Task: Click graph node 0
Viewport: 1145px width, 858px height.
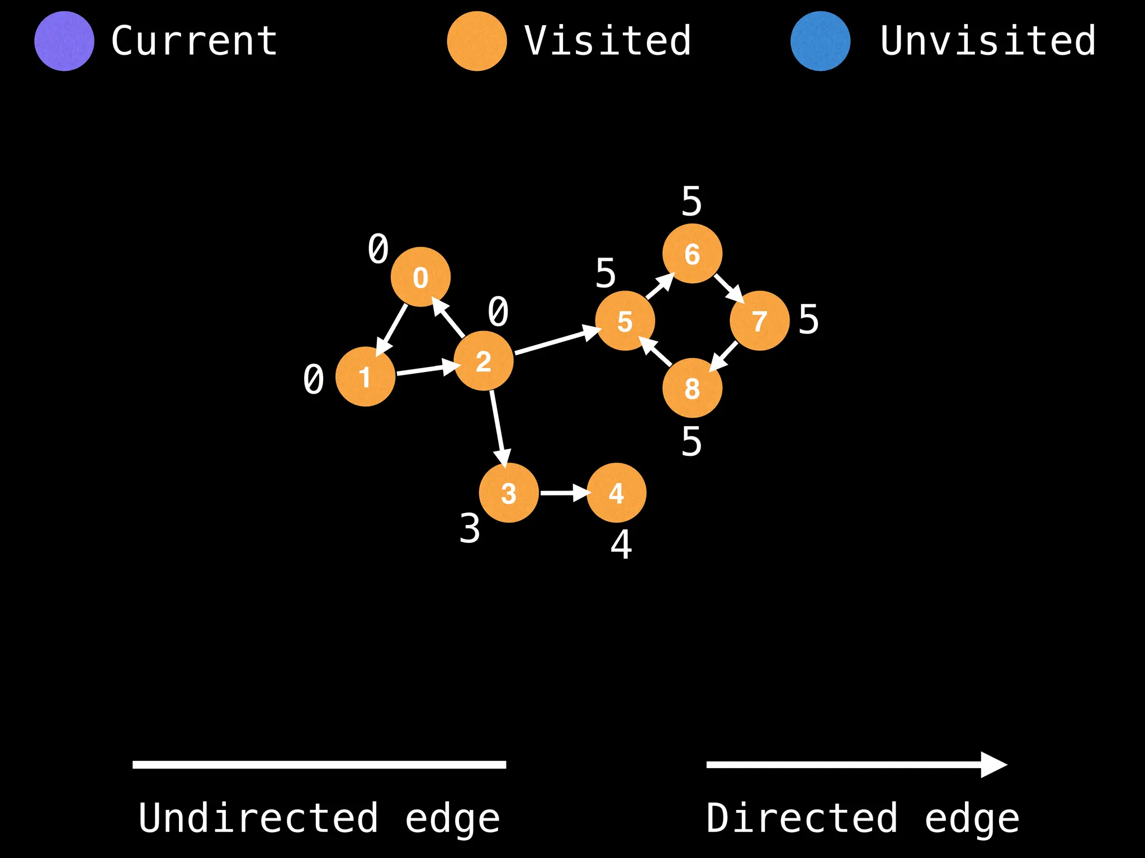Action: tap(420, 277)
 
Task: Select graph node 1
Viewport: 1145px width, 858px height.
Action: tap(365, 376)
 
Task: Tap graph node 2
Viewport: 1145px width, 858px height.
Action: tap(484, 361)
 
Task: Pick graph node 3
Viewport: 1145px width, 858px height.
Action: tap(509, 493)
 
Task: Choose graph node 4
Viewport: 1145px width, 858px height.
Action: tap(616, 493)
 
